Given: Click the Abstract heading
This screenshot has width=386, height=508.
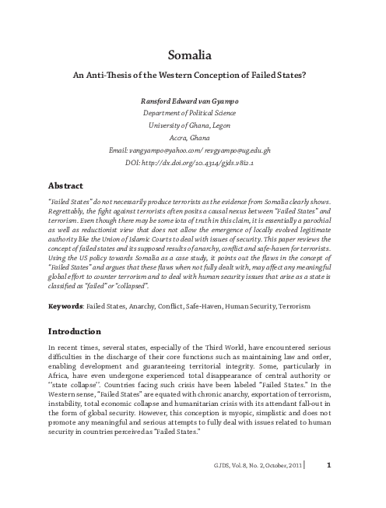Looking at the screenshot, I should click(x=66, y=187).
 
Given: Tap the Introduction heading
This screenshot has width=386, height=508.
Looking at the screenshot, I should click(x=75, y=352).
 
